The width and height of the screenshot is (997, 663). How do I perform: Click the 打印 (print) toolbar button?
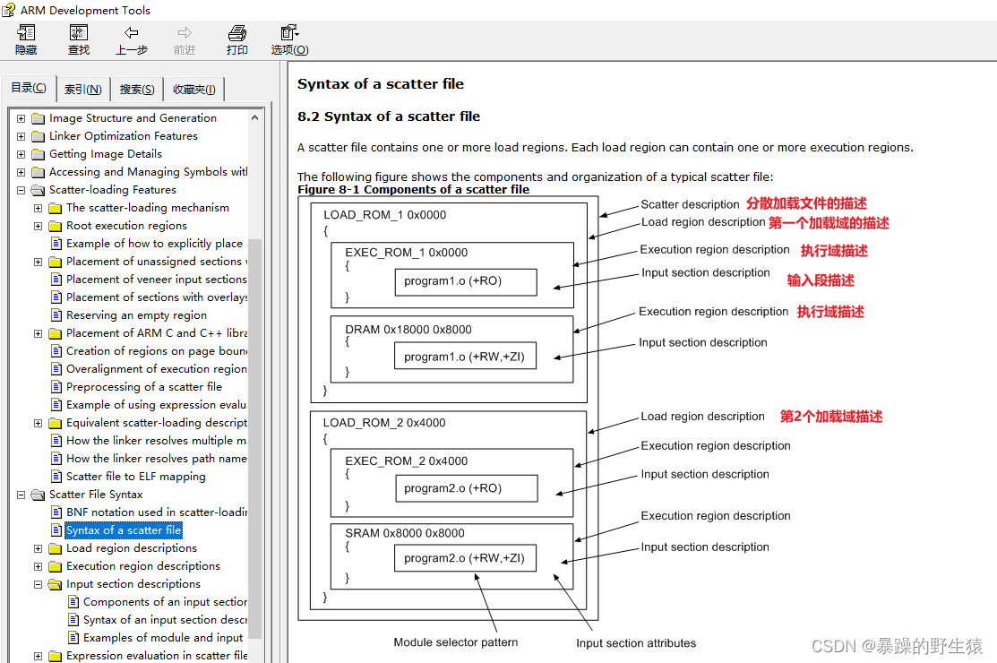237,40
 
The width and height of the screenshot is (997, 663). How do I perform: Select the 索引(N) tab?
82,90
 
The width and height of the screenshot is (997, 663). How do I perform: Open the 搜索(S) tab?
137,90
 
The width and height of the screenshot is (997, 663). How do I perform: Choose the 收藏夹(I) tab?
193,90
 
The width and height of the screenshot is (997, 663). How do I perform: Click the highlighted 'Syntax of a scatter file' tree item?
124,530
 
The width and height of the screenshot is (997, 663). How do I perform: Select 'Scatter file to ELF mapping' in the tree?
135,477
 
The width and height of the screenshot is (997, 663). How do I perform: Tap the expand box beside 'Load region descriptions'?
39,548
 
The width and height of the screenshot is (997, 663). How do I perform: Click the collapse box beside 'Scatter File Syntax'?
21,495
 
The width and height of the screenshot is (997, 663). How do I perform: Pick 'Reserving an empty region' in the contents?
136,315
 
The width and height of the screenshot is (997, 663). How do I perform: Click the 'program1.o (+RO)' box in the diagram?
465,281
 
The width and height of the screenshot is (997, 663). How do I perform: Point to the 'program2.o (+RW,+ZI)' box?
464,558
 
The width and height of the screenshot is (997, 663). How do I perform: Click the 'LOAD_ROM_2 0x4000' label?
383,423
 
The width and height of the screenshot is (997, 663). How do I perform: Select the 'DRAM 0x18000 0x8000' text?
408,330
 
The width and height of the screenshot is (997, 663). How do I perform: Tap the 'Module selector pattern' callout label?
455,642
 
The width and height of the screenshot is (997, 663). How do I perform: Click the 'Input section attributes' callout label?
635,643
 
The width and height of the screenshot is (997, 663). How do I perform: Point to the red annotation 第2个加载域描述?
830,417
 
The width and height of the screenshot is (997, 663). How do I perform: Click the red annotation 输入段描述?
820,280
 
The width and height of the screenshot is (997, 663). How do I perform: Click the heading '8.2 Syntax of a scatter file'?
389,116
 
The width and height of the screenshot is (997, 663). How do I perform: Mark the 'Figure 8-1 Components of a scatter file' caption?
413,190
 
